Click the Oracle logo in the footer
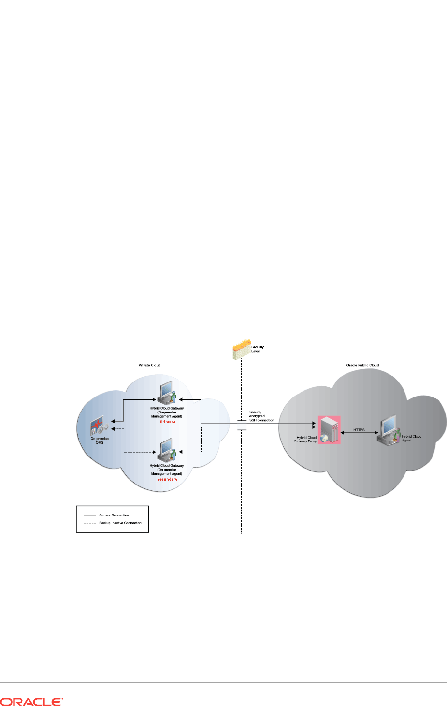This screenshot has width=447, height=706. (x=31, y=702)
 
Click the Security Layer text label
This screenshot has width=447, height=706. (x=257, y=349)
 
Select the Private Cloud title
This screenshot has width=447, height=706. (x=149, y=365)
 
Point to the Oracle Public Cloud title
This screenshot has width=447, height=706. (x=362, y=365)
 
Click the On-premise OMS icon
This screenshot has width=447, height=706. (x=99, y=426)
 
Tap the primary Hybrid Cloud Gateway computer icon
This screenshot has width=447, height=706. (x=167, y=394)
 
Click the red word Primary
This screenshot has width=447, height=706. (x=168, y=422)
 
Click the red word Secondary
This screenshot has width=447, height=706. (x=167, y=479)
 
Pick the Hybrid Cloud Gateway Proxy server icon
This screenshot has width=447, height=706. (x=329, y=429)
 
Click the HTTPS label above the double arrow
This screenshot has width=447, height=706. (x=359, y=430)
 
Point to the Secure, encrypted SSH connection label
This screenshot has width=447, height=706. (x=261, y=416)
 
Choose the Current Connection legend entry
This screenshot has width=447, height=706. (x=114, y=515)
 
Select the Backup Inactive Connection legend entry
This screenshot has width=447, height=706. (x=120, y=523)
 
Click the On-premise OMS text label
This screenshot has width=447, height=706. (x=100, y=441)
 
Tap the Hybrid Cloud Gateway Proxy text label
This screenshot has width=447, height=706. (x=305, y=440)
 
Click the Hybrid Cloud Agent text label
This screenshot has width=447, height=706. (x=411, y=438)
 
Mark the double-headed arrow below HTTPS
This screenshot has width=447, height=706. (x=359, y=433)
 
